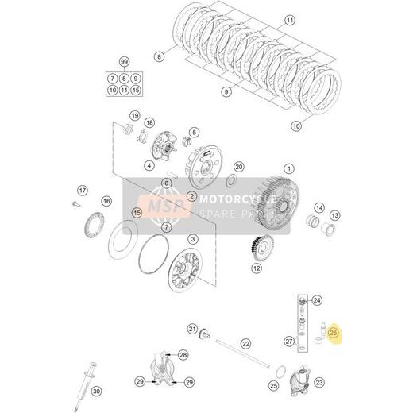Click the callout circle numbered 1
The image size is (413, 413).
(x=290, y=168)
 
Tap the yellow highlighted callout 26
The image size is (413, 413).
(x=334, y=335)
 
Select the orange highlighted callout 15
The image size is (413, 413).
(x=137, y=213)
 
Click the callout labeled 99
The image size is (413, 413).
(x=124, y=61)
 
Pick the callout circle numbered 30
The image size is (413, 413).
(x=96, y=392)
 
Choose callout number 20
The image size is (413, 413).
(x=238, y=167)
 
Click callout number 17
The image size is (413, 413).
(x=81, y=191)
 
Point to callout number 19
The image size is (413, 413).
(x=135, y=116)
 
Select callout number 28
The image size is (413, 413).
(x=183, y=354)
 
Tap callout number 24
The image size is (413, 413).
(x=317, y=300)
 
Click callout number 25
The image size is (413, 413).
(x=275, y=386)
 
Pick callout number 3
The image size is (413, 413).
(x=192, y=239)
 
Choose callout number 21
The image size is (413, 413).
(x=192, y=329)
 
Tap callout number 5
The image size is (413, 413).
(x=194, y=132)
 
